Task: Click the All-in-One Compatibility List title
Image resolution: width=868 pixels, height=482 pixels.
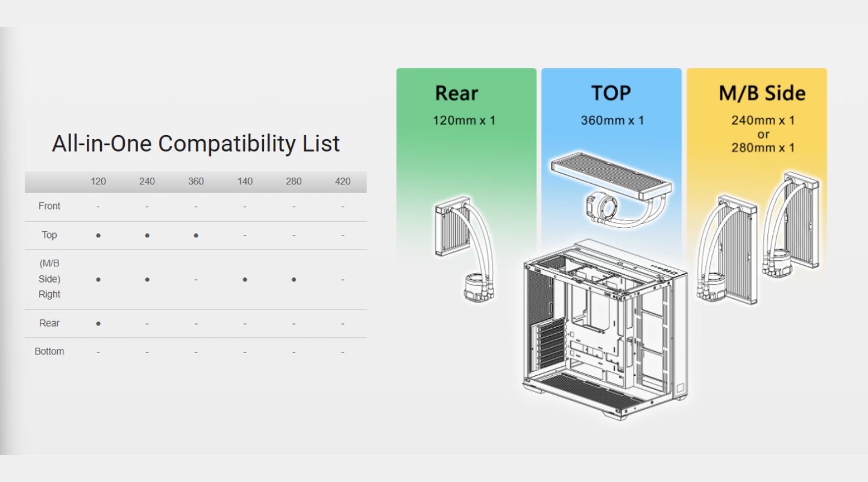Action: [x=196, y=143]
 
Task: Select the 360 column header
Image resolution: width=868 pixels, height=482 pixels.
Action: [x=196, y=181]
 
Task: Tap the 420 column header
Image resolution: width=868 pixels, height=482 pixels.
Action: [x=342, y=181]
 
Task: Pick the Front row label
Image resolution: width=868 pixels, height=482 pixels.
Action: [x=49, y=206]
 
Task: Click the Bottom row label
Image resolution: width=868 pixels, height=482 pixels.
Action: [x=49, y=351]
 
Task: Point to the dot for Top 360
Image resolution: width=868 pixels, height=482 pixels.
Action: [x=196, y=236]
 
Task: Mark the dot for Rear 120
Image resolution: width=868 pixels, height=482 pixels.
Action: [x=98, y=324]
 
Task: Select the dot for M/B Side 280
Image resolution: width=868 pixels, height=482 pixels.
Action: [x=294, y=280]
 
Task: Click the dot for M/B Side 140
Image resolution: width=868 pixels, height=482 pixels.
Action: [x=245, y=280]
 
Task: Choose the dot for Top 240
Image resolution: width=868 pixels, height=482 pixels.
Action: [x=147, y=236]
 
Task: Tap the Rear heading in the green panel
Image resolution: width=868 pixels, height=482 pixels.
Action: [x=456, y=93]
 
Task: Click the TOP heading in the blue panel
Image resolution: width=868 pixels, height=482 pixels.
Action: [x=611, y=93]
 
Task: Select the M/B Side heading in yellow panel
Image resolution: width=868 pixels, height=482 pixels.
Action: [x=762, y=93]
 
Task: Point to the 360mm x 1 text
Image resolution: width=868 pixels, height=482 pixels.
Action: [x=612, y=120]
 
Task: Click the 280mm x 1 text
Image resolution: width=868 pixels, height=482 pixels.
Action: [x=763, y=148]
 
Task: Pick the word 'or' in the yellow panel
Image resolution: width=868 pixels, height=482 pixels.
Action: [x=763, y=134]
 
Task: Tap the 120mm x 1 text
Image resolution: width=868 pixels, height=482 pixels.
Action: [x=464, y=120]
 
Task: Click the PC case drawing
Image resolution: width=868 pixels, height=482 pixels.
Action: [x=605, y=328]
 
